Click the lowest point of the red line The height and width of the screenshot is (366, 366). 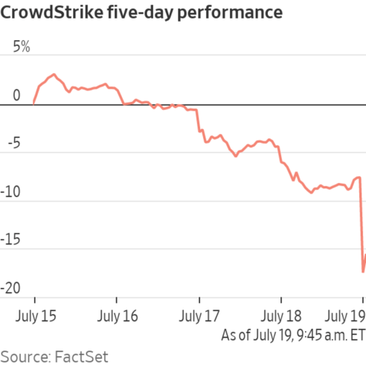tap(362, 272)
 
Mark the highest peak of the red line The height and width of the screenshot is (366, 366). tap(54, 74)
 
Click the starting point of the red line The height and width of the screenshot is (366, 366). tap(33, 104)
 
